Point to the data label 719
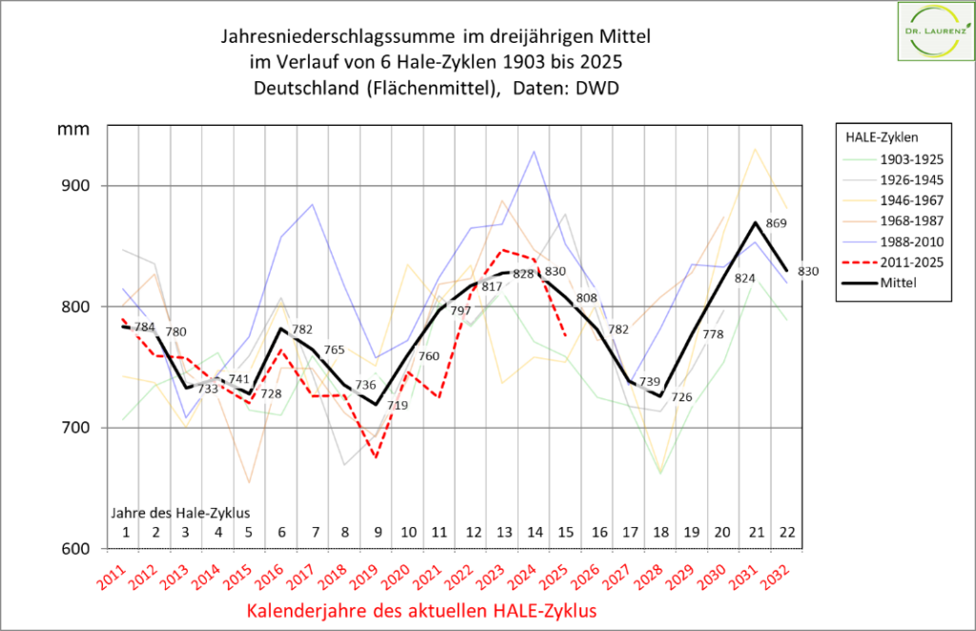pos(397,405)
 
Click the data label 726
pos(681,397)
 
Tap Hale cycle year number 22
pos(786,531)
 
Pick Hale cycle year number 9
pos(377,531)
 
